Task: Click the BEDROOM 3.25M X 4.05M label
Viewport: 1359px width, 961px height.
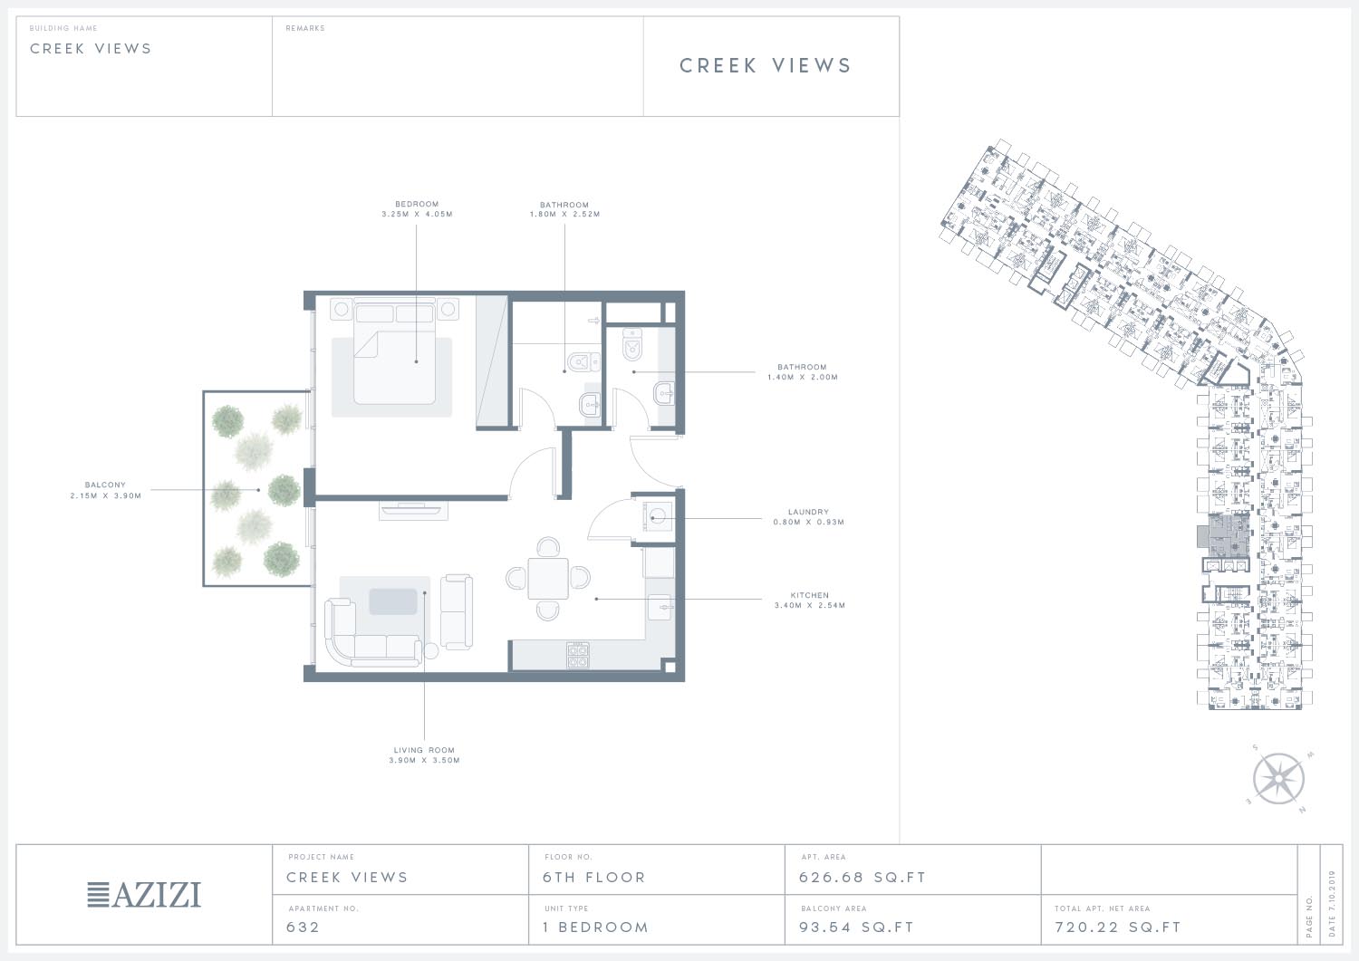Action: [417, 209]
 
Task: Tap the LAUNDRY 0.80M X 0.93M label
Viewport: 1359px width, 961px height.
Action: [808, 517]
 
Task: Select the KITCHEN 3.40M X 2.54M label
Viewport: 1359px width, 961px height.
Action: [809, 600]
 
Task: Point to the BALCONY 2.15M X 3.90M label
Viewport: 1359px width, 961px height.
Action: [106, 490]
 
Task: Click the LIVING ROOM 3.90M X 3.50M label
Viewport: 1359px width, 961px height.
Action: [424, 754]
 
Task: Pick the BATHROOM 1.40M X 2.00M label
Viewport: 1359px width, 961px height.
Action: [802, 372]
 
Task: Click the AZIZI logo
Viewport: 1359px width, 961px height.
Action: [144, 894]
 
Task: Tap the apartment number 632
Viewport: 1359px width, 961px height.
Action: [303, 927]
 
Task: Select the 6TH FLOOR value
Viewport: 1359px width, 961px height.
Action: [594, 878]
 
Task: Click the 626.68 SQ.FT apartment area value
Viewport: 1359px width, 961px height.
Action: [863, 878]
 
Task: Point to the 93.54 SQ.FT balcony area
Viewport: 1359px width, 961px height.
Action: [856, 927]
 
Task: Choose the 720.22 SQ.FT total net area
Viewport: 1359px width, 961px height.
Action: [1117, 927]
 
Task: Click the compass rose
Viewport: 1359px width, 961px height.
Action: [1279, 779]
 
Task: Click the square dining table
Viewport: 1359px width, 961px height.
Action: [548, 578]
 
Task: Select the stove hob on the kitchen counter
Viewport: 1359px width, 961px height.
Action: [578, 655]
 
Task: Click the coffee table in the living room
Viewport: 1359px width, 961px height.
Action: [393, 601]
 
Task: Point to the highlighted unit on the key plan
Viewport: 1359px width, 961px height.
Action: [1226, 535]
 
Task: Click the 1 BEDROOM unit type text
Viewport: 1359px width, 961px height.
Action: [596, 927]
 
